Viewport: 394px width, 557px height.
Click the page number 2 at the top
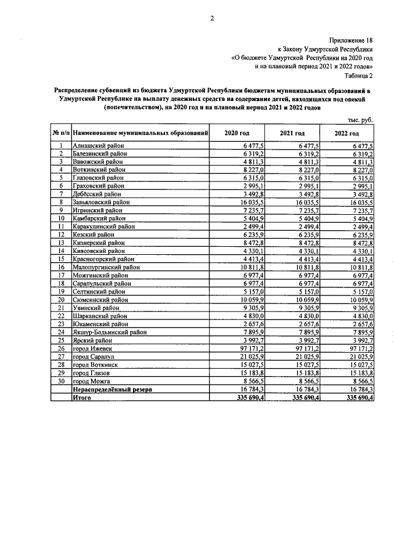click(x=212, y=18)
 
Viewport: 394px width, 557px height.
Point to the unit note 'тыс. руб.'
click(x=360, y=120)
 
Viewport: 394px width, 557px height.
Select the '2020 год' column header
click(x=237, y=134)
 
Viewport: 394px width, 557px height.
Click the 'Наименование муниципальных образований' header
click(x=140, y=134)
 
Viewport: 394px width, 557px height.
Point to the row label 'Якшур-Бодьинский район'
click(x=110, y=332)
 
